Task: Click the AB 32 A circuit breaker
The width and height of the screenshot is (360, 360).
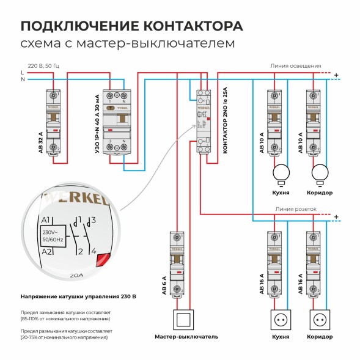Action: (53, 122)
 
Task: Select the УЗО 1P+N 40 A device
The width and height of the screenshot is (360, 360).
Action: (116, 122)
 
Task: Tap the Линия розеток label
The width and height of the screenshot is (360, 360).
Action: (296, 208)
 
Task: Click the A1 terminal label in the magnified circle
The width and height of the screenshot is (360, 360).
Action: (45, 221)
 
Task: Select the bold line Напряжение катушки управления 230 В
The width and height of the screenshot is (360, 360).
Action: (78, 296)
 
